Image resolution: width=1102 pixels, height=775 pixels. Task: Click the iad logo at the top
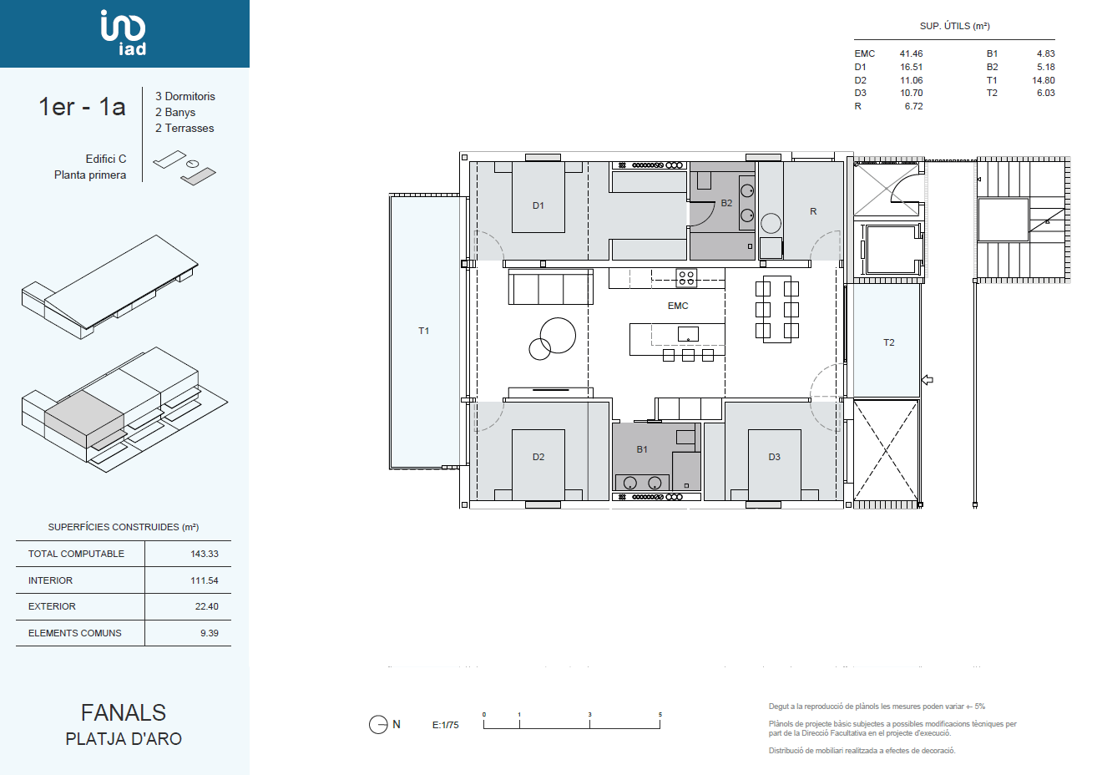pos(124,33)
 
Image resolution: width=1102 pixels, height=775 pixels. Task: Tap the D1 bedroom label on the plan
pos(538,205)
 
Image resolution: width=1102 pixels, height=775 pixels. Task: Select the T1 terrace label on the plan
pos(423,332)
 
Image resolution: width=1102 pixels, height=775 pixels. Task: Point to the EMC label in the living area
pos(678,306)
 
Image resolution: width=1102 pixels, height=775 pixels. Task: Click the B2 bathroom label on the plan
pos(726,203)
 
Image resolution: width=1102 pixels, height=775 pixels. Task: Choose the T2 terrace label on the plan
pos(888,342)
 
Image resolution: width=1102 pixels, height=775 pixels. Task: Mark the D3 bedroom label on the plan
pos(775,457)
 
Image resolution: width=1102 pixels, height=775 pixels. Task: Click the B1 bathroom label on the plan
pos(642,449)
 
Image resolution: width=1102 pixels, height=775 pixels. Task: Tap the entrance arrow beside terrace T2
pos(928,380)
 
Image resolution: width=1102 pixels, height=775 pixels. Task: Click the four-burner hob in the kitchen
pos(686,278)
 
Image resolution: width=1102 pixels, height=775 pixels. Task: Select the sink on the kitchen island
pos(688,334)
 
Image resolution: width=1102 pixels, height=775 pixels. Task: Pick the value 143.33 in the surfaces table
pos(205,554)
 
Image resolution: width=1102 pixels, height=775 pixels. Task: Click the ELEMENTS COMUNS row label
pos(75,633)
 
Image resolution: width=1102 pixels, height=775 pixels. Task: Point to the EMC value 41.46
pos(911,53)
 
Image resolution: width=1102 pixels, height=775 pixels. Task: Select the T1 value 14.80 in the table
pos(1044,80)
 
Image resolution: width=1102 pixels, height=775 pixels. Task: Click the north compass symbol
pos(378,724)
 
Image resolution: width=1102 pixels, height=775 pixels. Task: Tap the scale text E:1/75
pos(445,725)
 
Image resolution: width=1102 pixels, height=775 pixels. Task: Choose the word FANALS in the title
pos(124,712)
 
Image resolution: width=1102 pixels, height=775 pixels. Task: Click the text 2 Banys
pos(175,112)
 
